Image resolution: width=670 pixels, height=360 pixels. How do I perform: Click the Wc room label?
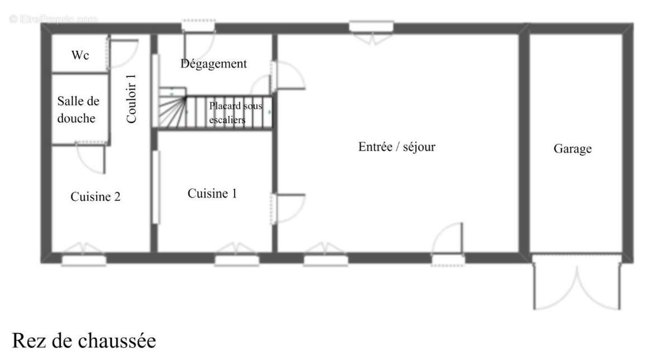point(80,55)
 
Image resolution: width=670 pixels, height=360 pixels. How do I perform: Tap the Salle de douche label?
point(78,110)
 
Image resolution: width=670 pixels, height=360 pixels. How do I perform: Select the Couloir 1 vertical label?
point(131,99)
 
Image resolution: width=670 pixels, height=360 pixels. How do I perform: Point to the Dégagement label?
point(213,64)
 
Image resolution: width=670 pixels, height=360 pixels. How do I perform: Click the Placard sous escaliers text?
point(235,112)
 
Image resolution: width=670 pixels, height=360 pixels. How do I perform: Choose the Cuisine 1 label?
point(212,194)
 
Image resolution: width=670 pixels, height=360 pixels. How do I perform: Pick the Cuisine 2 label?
point(95,196)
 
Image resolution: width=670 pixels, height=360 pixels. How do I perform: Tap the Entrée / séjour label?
point(396,147)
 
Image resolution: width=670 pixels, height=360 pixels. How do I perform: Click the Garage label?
point(572,149)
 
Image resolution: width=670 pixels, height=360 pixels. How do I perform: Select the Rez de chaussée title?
point(84,340)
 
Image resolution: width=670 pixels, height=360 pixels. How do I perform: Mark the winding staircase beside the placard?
point(171,111)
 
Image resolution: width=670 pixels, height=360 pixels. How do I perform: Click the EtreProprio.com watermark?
point(53,19)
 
